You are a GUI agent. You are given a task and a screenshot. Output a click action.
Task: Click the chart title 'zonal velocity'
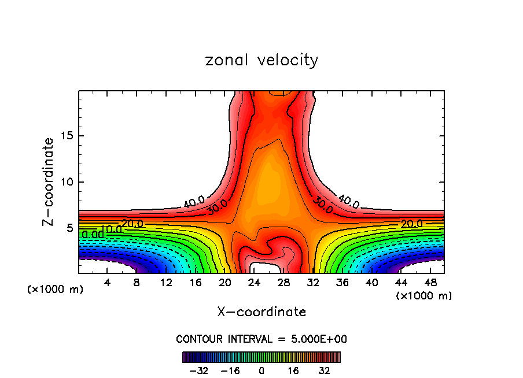[x=261, y=60]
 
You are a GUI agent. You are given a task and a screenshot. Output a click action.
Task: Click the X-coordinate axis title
[x=261, y=312]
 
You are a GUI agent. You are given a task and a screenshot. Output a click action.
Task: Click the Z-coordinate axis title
[x=49, y=181]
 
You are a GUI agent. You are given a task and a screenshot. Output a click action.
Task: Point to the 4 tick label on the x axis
[x=107, y=283]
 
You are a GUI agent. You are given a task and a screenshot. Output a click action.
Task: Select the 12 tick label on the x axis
[x=166, y=283]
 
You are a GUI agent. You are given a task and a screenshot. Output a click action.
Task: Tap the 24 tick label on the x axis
[x=254, y=283]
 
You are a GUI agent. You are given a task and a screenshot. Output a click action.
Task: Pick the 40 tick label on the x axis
[x=371, y=283]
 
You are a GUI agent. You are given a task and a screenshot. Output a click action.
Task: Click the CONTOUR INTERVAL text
[x=261, y=339]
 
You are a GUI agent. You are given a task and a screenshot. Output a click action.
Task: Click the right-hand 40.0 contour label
[x=349, y=202]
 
